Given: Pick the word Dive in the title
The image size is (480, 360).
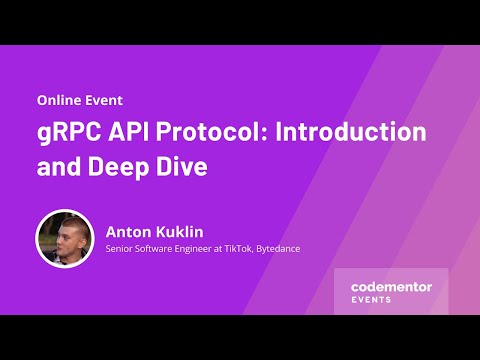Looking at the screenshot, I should pyautogui.click(x=185, y=167).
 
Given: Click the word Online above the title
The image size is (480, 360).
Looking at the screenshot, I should pyautogui.click(x=59, y=101).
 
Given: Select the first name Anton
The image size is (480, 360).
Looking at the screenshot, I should pyautogui.click(x=128, y=231).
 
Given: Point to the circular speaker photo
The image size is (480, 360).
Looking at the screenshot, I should pyautogui.click(x=64, y=238).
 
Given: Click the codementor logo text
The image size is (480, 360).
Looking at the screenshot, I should pyautogui.click(x=391, y=287).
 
